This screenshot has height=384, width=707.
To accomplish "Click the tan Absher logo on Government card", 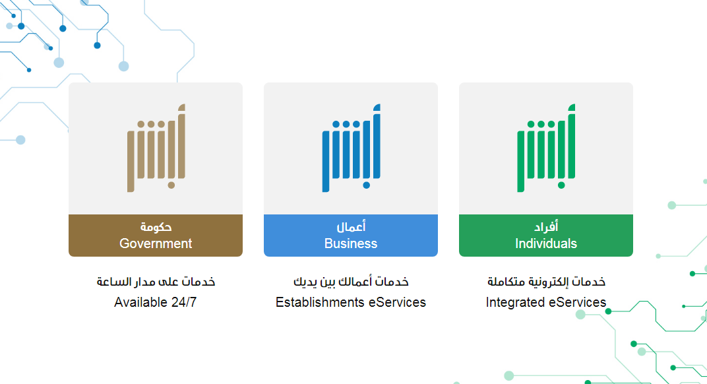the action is coord(156,148).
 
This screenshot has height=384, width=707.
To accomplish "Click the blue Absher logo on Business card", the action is coord(352,148).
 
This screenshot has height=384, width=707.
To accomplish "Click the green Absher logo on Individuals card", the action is coord(547,148).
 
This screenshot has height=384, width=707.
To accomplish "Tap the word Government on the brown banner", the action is coord(156,243).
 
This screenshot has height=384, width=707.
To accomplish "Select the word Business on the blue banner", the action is coord(351,243).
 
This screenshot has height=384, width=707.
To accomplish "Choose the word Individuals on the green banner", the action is coord(546,243).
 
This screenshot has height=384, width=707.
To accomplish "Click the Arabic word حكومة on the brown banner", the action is coord(156,226).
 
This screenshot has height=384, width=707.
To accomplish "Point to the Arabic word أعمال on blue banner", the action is coord(351,226).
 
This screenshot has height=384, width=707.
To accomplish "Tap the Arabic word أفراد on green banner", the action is coord(546,226).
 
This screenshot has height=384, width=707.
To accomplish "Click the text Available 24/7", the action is coord(156,302).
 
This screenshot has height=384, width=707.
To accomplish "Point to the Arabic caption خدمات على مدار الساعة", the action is coord(156,282).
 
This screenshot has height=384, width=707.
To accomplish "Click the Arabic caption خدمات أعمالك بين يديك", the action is coord(351,282).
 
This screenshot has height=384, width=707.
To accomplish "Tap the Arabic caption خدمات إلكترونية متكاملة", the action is coord(546,282).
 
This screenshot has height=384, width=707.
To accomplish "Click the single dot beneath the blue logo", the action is coord(366,185).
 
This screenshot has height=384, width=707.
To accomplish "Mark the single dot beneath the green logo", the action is coord(561,185).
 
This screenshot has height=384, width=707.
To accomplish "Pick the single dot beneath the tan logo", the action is coord(171,185).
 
